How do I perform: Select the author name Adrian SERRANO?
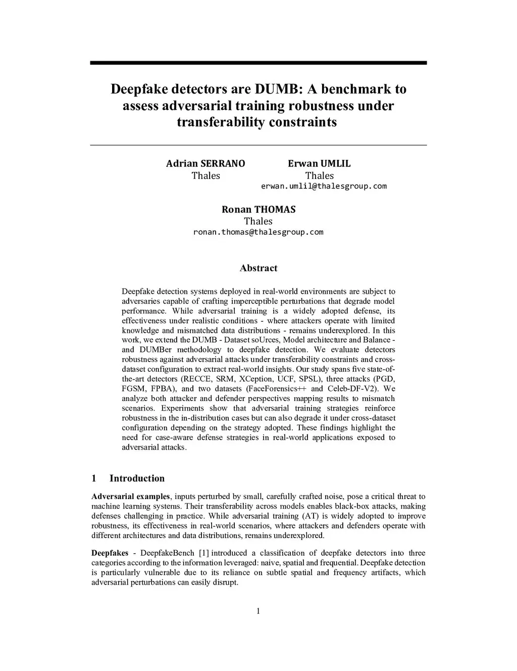click(x=205, y=163)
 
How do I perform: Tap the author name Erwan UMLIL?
click(x=319, y=163)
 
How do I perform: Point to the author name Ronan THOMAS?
click(x=258, y=209)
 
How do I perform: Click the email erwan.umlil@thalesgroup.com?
click(x=324, y=186)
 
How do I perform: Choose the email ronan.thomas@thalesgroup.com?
click(x=258, y=232)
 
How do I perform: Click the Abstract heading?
click(x=258, y=268)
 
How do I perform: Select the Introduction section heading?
click(x=137, y=478)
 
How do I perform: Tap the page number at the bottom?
click(x=258, y=611)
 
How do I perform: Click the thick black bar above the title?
click(x=258, y=63)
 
